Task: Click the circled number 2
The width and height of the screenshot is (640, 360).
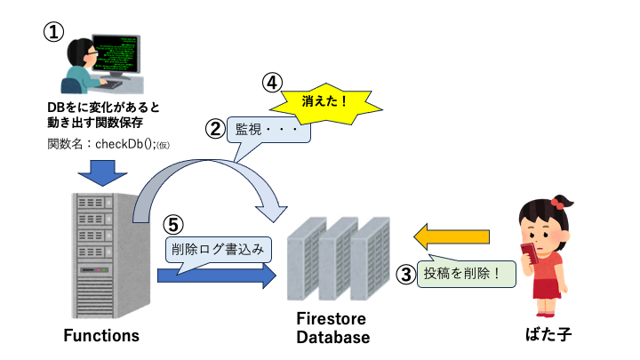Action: [x=215, y=129]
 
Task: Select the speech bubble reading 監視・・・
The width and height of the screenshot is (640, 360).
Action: [x=268, y=130]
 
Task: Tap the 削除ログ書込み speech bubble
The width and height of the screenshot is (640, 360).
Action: [x=217, y=249]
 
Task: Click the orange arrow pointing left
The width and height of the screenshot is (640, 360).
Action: [x=452, y=236]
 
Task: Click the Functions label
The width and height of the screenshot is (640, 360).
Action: [x=100, y=335]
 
